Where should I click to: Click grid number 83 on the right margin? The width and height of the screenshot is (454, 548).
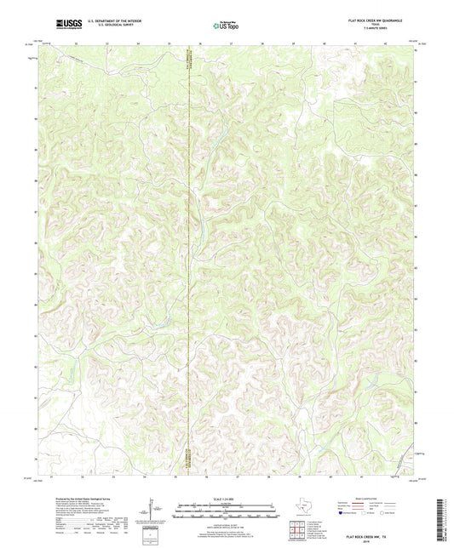click(415, 330)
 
